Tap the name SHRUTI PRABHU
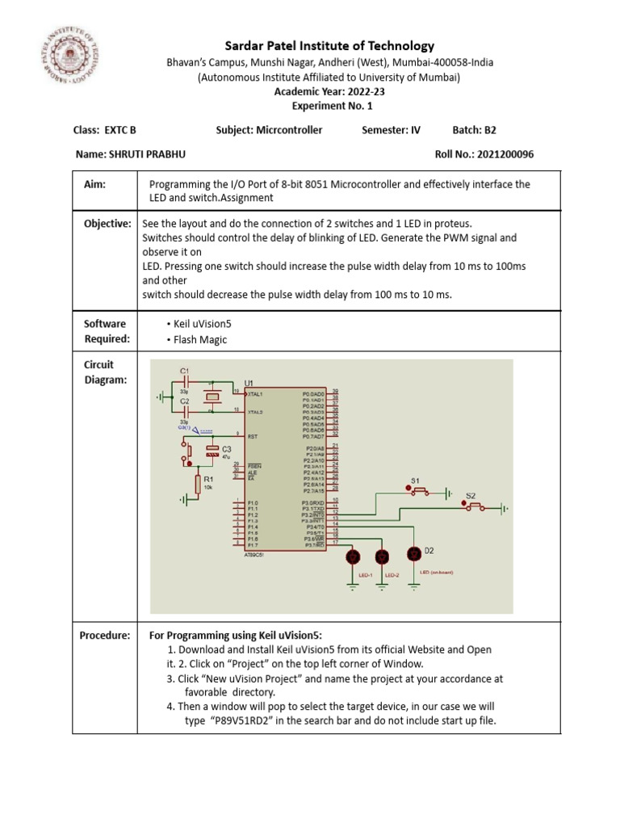tap(117, 153)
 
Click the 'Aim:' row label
tap(95, 184)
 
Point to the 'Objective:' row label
tap(107, 224)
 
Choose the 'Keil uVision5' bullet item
tap(200, 323)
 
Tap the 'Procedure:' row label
tap(104, 636)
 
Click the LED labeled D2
tap(414, 553)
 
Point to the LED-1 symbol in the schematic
tap(353, 556)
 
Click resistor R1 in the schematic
tap(198, 484)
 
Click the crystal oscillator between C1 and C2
tap(212, 397)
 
